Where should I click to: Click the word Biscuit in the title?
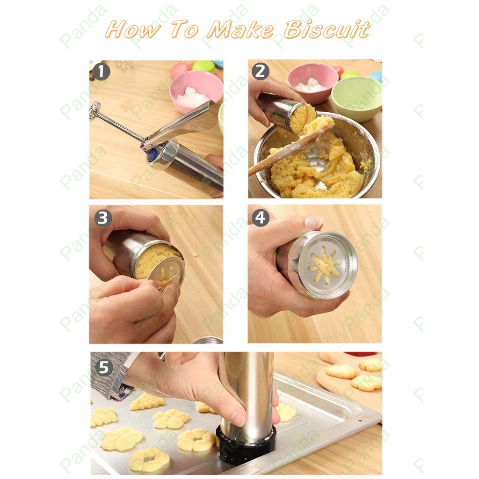point(327,30)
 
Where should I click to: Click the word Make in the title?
point(240,30)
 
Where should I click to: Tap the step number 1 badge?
point(101,72)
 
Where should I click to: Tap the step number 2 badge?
point(260,72)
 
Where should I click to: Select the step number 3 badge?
point(102,218)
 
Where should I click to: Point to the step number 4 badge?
point(260,218)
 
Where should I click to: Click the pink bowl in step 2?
point(312,83)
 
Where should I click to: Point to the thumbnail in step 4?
point(314,222)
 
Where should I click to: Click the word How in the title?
point(132,30)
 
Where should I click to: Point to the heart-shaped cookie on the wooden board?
point(341,371)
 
